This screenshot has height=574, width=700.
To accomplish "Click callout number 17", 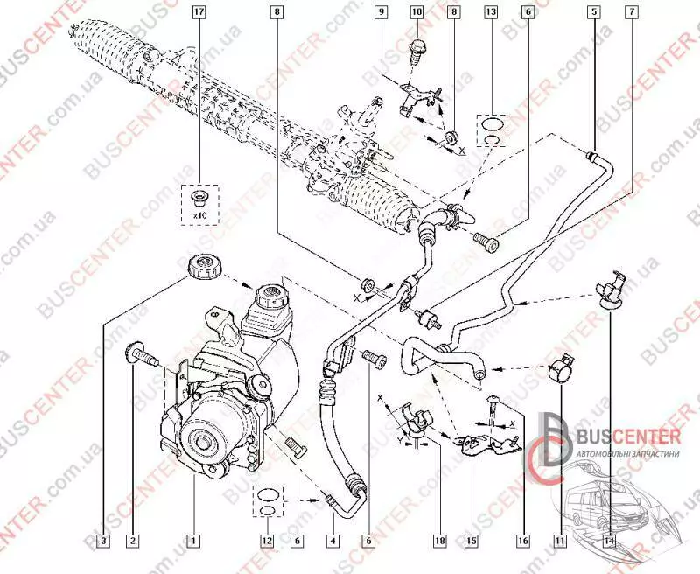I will pos(200,12).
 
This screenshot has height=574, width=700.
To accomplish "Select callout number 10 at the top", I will pos(416,12).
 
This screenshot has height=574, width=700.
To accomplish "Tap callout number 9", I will pos(382,12).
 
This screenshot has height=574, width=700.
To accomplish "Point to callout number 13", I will pos(491,12).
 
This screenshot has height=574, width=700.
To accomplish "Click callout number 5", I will pos(594,12).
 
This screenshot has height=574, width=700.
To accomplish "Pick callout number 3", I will pos(103,540).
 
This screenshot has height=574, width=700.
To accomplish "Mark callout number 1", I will pos(193,540).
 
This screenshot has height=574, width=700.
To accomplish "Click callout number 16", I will pos(523,540).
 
